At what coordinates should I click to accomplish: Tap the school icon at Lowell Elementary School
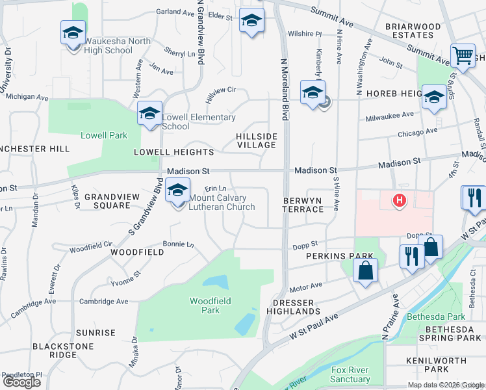tap(149, 114)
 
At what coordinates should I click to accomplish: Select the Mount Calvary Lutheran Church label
tap(222, 203)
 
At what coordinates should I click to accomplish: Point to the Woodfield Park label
tap(205, 305)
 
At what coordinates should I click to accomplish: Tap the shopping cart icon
tap(463, 56)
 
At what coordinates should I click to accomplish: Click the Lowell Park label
tap(103, 136)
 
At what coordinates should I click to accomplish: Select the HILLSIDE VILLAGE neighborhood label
tap(257, 140)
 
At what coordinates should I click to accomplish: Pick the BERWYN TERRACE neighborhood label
tap(303, 205)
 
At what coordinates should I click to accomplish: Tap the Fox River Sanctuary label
tap(350, 374)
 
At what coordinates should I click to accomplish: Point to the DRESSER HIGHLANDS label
tap(293, 307)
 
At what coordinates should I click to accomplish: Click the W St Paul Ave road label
tap(314, 328)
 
